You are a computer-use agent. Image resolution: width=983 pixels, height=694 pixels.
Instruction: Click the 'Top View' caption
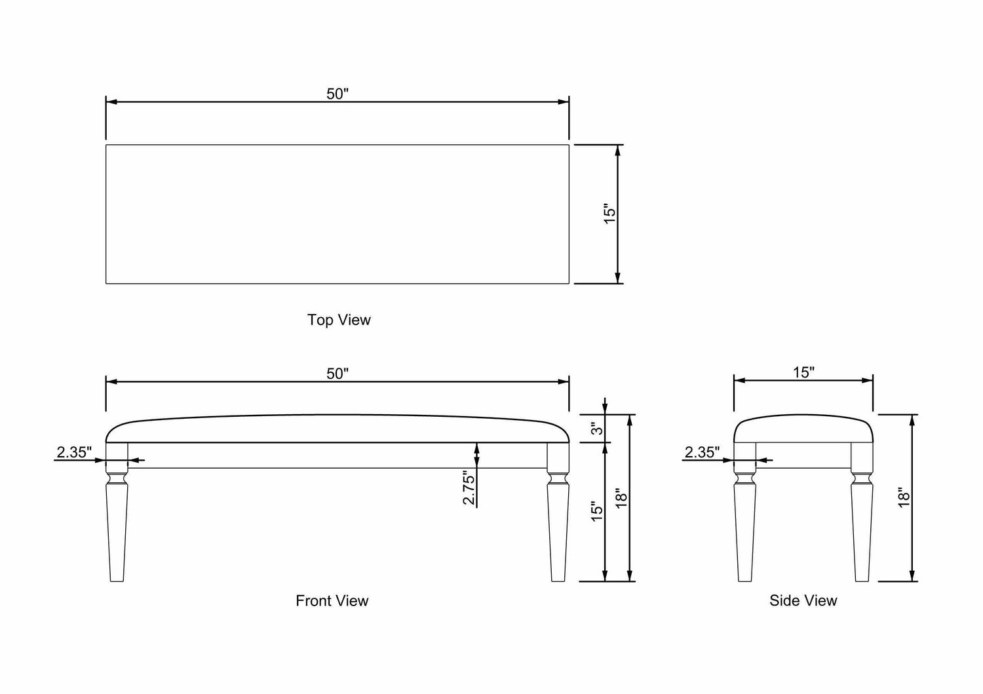pyautogui.click(x=339, y=320)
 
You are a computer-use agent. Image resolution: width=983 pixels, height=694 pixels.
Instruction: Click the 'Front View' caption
pyautogui.click(x=332, y=600)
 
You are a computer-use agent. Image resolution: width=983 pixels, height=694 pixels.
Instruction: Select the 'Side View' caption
pyautogui.click(x=803, y=600)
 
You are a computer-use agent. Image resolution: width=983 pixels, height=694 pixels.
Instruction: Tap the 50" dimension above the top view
pyautogui.click(x=337, y=94)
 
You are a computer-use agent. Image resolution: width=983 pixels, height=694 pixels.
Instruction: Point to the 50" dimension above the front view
pyautogui.click(x=337, y=374)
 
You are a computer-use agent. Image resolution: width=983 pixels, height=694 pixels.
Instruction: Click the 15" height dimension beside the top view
pyautogui.click(x=609, y=214)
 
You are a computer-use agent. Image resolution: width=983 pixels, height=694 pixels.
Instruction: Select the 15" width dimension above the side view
pyautogui.click(x=803, y=372)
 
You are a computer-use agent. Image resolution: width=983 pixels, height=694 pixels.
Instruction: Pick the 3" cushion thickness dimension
pyautogui.click(x=596, y=429)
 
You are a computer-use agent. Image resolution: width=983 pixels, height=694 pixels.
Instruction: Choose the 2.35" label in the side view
pyautogui.click(x=702, y=452)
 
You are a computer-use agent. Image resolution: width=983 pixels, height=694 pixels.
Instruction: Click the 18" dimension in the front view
pyautogui.click(x=621, y=498)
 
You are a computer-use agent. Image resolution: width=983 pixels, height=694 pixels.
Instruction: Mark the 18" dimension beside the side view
pyautogui.click(x=904, y=498)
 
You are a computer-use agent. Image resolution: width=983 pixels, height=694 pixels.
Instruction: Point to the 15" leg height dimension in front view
pyautogui.click(x=596, y=512)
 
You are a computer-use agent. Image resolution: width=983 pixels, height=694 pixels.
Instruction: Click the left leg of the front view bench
pyautogui.click(x=117, y=524)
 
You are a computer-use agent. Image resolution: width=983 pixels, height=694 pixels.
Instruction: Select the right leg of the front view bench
pyautogui.click(x=558, y=524)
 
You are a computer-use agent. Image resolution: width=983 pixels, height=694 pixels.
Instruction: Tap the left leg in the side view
pyautogui.click(x=744, y=524)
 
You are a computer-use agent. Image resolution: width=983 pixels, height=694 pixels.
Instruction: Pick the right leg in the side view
pyautogui.click(x=862, y=524)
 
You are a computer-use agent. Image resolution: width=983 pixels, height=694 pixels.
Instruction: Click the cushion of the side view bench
pyautogui.click(x=803, y=429)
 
